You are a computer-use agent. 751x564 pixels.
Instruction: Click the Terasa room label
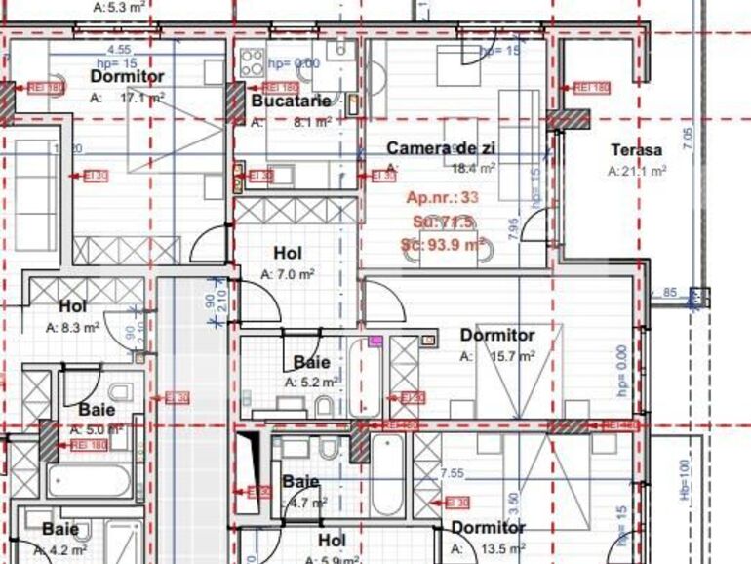point(636,150)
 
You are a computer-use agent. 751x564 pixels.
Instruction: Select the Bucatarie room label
point(292,101)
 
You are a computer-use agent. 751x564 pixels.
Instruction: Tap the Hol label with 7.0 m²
point(287,254)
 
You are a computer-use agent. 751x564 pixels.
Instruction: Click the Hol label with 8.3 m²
point(72,306)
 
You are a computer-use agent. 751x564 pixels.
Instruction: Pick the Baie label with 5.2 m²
point(311,363)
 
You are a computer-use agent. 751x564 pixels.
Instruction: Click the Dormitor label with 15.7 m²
point(497,336)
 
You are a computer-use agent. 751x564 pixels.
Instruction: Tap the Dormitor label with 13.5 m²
point(488,528)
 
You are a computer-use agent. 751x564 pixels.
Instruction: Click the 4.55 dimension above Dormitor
point(119,49)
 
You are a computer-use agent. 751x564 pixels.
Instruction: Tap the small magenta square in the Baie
point(375,342)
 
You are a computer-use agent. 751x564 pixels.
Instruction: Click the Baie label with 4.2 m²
point(59,529)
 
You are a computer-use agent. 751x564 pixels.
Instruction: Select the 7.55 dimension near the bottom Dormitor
point(452,473)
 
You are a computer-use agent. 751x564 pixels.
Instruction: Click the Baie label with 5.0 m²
point(97,410)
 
